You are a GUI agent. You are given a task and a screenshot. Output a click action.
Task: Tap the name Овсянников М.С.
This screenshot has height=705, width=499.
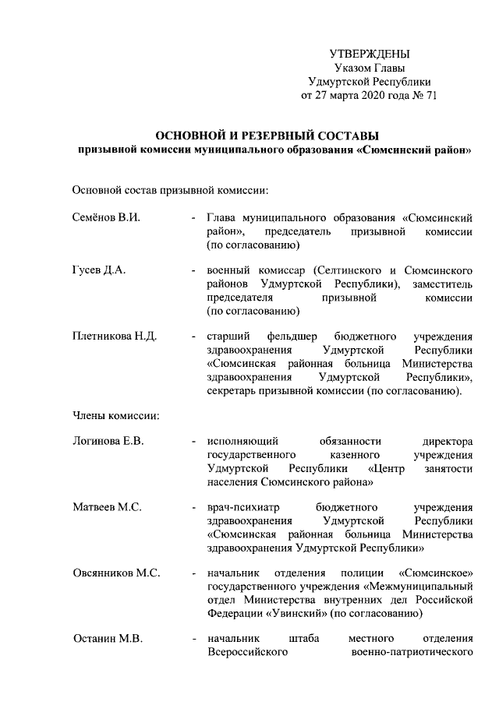click(x=115, y=573)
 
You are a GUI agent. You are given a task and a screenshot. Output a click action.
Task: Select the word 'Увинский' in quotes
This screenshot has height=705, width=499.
click(x=276, y=613)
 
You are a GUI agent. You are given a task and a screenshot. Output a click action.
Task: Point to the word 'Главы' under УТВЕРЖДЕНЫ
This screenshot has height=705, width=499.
click(x=388, y=68)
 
